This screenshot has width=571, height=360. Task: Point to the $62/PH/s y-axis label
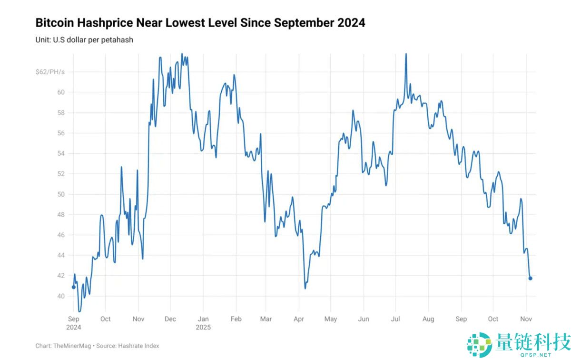click(x=49, y=72)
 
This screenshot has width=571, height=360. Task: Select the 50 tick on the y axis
click(x=61, y=194)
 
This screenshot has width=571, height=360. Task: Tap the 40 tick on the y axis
click(x=61, y=296)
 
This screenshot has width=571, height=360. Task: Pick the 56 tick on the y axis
click(x=61, y=133)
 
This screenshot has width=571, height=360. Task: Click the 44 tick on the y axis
click(x=61, y=255)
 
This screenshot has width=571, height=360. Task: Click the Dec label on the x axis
click(x=170, y=319)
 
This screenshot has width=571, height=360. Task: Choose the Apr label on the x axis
click(x=299, y=319)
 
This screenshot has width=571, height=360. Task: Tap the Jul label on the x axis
click(x=396, y=319)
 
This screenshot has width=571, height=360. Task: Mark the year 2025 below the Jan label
click(x=203, y=328)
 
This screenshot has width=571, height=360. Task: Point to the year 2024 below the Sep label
click(x=74, y=328)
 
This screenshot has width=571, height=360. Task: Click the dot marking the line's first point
click(x=73, y=287)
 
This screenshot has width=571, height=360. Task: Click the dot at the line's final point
click(x=531, y=279)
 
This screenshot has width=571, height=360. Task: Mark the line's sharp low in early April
click(x=305, y=288)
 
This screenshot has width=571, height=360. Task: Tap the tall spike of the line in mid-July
click(x=406, y=54)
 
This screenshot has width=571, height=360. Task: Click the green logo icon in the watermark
click(x=479, y=344)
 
